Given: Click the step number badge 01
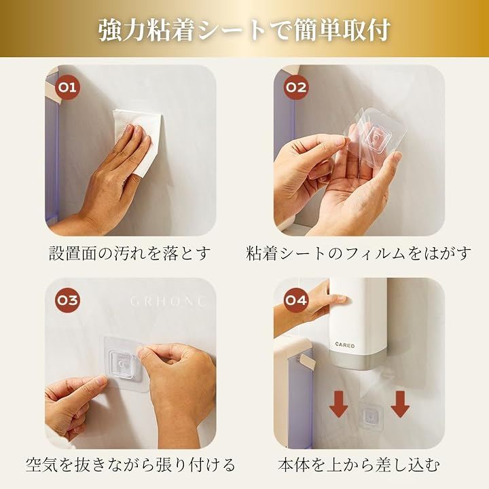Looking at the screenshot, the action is point(67,87).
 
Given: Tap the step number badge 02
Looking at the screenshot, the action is point(296,87).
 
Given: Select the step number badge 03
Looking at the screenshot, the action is point(67,300).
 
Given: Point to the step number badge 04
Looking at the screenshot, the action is point(296,300).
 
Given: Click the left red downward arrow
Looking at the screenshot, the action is point(339,404).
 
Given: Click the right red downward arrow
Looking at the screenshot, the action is point(400,404).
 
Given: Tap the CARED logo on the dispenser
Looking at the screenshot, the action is point(345,345).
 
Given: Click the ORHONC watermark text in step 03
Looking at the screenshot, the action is point(168,302).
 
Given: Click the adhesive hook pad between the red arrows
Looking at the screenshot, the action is point(370,416).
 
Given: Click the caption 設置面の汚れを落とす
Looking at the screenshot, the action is point(130,253).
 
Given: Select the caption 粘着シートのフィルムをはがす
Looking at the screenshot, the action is point(358,253).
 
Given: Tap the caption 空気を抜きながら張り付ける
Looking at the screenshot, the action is point(130,465).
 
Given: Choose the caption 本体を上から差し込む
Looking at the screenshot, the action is point(359,465).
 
